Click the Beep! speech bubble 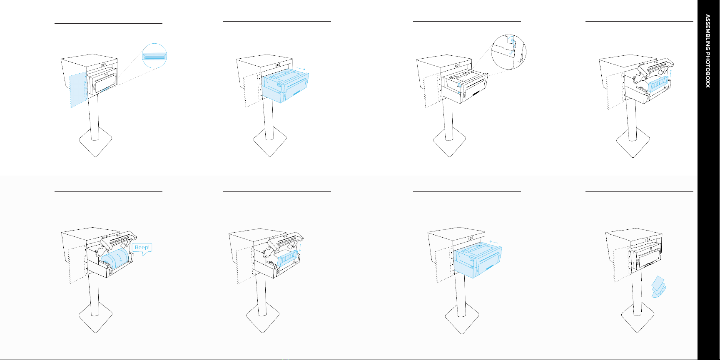click(x=142, y=248)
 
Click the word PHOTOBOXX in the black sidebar click(x=708, y=67)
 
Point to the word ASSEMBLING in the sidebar click(x=708, y=29)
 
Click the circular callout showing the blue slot click(x=154, y=55)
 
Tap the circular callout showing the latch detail click(x=509, y=52)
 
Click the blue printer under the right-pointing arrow click(x=286, y=87)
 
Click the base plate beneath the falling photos click(x=638, y=320)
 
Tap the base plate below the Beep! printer click(x=96, y=320)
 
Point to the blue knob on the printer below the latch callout click(x=459, y=86)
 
